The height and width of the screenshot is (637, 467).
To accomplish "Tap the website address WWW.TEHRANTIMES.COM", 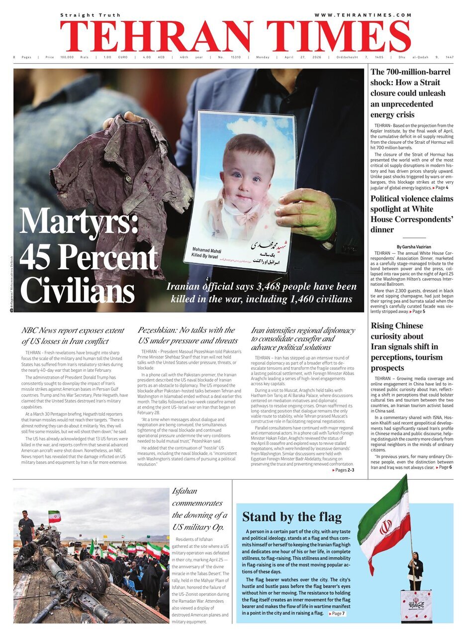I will tap(363, 15).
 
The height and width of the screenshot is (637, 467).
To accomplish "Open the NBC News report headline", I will tap(73, 335).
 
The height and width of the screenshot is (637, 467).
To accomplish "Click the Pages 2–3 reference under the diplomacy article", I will tap(343, 470).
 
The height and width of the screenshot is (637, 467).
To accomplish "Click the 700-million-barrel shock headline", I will tap(410, 93).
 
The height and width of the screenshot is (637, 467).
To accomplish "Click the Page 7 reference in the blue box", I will tap(337, 614).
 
